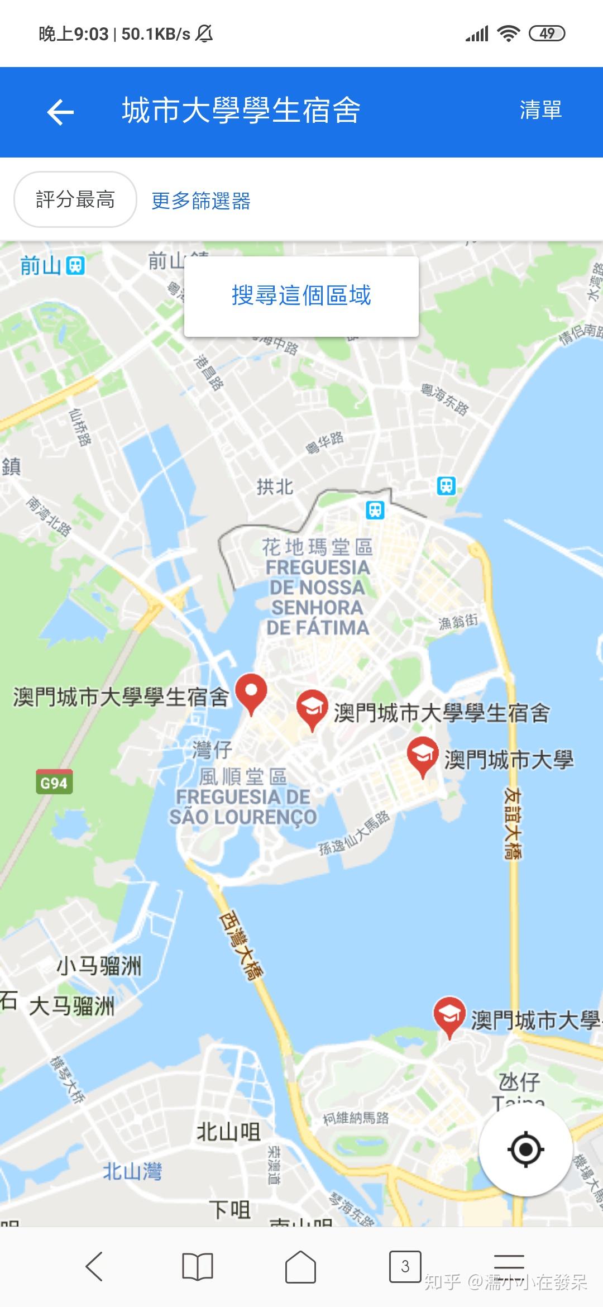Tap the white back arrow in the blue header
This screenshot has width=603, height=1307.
60,112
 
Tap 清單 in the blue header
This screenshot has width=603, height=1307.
540,110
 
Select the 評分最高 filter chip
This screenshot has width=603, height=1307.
75,199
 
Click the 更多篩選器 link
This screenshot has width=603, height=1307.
201,201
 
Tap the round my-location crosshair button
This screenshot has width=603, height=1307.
525,1149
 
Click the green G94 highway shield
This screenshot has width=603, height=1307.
54,783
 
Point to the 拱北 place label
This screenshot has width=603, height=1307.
275,486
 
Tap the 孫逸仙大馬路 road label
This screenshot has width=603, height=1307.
354,833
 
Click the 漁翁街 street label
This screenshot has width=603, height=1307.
458,621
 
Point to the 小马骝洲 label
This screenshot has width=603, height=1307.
99,965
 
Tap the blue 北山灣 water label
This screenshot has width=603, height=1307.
132,1171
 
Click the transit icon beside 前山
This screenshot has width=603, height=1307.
75,266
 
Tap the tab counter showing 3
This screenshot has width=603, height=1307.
405,1266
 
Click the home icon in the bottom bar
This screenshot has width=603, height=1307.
301,1266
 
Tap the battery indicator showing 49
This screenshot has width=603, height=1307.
547,34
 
